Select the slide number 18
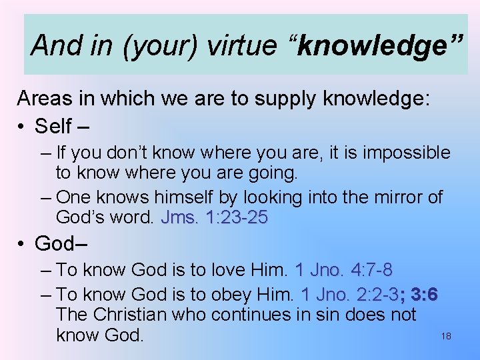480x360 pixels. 446,337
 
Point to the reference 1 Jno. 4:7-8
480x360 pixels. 343,270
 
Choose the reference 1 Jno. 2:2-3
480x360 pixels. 351,294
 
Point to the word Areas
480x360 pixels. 44,99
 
